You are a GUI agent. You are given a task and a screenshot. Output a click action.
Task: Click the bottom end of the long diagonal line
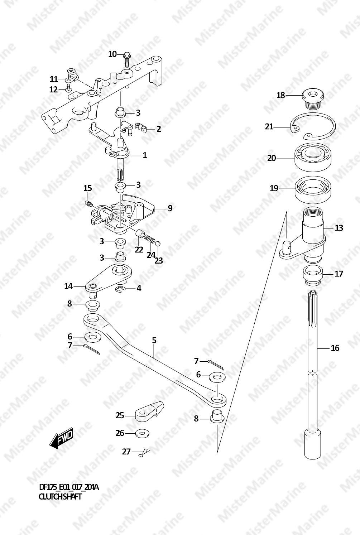coord(217,453)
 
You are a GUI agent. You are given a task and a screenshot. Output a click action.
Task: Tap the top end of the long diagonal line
coord(287,211)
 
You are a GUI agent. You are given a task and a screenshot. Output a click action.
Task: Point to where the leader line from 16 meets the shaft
coord(317,348)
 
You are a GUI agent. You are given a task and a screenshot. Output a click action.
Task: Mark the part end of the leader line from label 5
coord(154,357)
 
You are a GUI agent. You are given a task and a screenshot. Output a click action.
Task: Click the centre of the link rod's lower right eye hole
coord(217,400)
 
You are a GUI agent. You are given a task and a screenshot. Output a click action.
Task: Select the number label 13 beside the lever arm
coord(339,228)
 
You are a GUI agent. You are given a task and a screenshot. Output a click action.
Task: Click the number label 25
coord(120,416)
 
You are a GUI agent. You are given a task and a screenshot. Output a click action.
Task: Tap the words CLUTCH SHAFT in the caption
coord(60,497)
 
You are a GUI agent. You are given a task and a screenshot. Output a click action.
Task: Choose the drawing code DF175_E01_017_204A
coord(69,487)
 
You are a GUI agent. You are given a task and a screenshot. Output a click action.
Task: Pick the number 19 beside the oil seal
coord(274,188)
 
